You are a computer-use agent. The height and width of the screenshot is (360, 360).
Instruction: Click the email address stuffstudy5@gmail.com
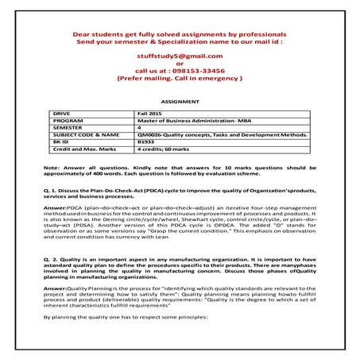180,56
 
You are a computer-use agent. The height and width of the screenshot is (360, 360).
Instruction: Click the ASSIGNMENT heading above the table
179,103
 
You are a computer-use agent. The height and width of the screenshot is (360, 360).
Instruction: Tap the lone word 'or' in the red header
180,64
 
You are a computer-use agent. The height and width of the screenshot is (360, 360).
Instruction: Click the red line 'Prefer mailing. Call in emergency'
180,79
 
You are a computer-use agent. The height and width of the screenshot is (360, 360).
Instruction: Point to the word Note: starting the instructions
52,169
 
